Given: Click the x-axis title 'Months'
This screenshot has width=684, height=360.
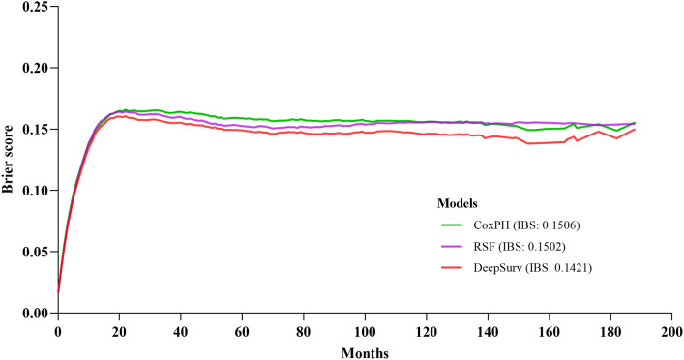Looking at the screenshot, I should pos(365,350).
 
